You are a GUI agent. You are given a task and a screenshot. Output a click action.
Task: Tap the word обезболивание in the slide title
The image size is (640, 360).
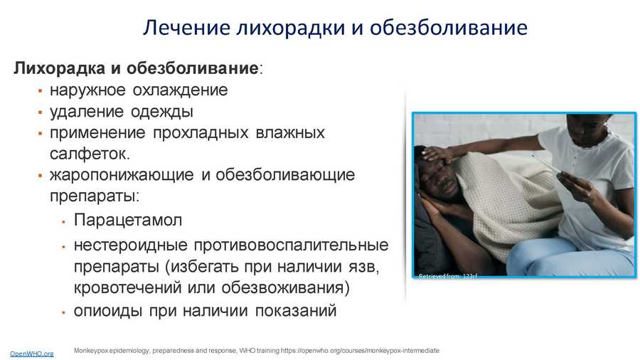click(449, 27)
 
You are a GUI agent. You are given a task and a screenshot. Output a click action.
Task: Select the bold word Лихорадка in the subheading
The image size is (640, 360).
click(60, 68)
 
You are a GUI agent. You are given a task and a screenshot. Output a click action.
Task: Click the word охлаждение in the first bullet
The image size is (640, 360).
click(181, 90)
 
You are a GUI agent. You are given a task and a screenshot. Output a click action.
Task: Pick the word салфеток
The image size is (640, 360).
click(90, 154)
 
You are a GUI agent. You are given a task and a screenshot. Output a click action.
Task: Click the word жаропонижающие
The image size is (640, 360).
click(122, 175)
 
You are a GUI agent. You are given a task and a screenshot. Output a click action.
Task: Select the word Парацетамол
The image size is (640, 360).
click(128, 220)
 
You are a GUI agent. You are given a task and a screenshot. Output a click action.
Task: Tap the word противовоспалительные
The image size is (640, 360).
click(291, 245)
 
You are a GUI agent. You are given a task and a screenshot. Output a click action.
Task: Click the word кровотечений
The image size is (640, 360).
click(127, 287)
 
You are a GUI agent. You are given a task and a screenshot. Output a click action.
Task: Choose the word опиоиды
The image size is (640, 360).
click(108, 311)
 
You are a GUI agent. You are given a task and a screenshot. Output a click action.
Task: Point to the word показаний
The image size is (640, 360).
click(296, 311)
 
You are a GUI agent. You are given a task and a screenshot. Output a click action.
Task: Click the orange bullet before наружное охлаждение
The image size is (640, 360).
click(40, 90)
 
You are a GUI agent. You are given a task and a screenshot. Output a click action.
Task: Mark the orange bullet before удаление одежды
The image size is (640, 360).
click(40, 112)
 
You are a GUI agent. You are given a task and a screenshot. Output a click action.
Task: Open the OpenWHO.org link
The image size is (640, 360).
click(32, 354)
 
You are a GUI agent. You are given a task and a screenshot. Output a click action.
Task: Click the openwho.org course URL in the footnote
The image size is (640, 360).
click(360, 350)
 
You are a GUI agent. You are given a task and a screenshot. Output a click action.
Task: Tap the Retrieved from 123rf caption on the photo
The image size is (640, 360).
click(448, 276)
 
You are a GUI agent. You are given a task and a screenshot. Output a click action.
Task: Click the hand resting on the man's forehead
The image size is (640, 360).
click(437, 154)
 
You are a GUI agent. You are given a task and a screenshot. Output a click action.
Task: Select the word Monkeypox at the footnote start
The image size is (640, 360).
click(90, 350)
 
